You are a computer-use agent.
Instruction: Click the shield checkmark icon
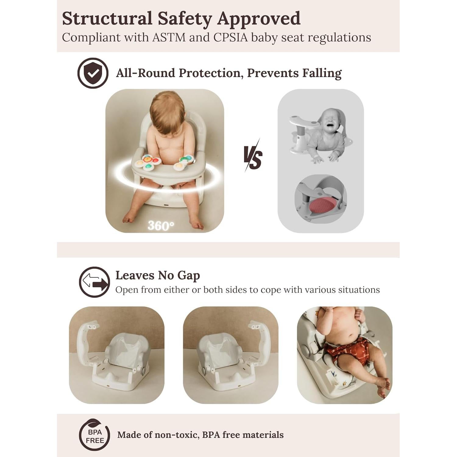tap(93, 73)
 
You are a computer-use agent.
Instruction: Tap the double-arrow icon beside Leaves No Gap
tap(94, 282)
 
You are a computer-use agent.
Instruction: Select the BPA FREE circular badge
tap(94, 435)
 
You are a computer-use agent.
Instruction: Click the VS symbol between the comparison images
tap(253, 157)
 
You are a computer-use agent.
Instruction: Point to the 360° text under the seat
tap(161, 226)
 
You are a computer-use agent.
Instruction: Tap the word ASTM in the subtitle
tap(169, 37)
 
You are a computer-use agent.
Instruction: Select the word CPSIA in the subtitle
tap(230, 37)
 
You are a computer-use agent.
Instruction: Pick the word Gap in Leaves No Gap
tap(189, 275)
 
